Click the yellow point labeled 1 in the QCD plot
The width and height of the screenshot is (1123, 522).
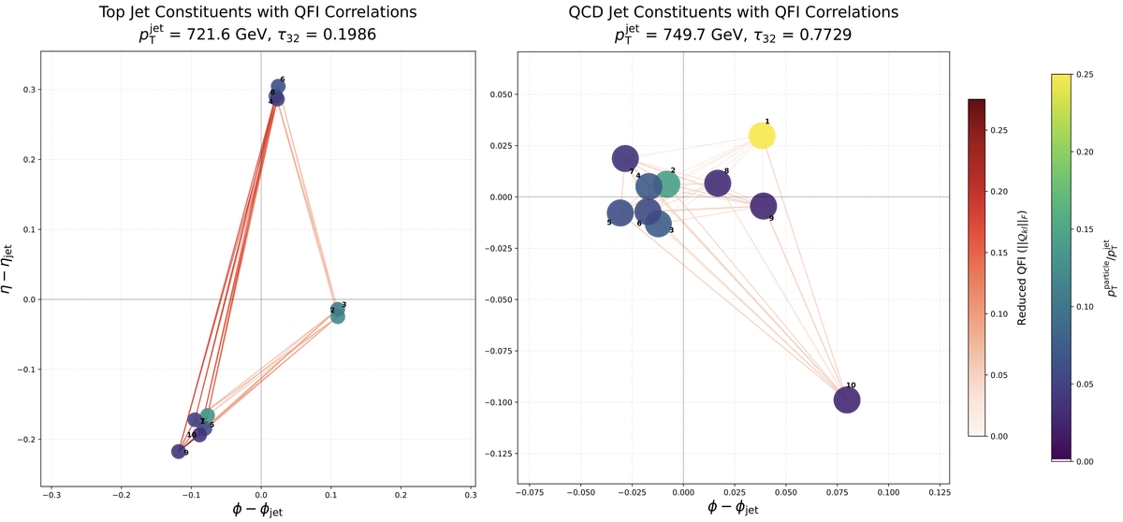point(762,136)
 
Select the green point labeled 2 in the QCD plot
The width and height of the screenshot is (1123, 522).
point(666,184)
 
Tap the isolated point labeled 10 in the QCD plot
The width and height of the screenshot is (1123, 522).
point(847,400)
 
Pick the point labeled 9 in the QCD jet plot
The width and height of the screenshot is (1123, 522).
point(764,206)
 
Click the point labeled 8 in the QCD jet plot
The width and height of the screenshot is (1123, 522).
point(718,183)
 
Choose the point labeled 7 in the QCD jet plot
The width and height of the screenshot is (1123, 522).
point(625,158)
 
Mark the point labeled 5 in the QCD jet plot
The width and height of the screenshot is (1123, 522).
point(620,212)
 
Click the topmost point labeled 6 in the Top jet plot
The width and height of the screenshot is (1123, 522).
point(278,86)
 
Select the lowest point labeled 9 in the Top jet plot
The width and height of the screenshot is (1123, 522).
point(178,452)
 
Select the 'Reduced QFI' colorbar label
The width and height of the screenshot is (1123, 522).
point(1024,267)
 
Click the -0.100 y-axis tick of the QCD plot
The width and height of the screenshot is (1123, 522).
point(493,402)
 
